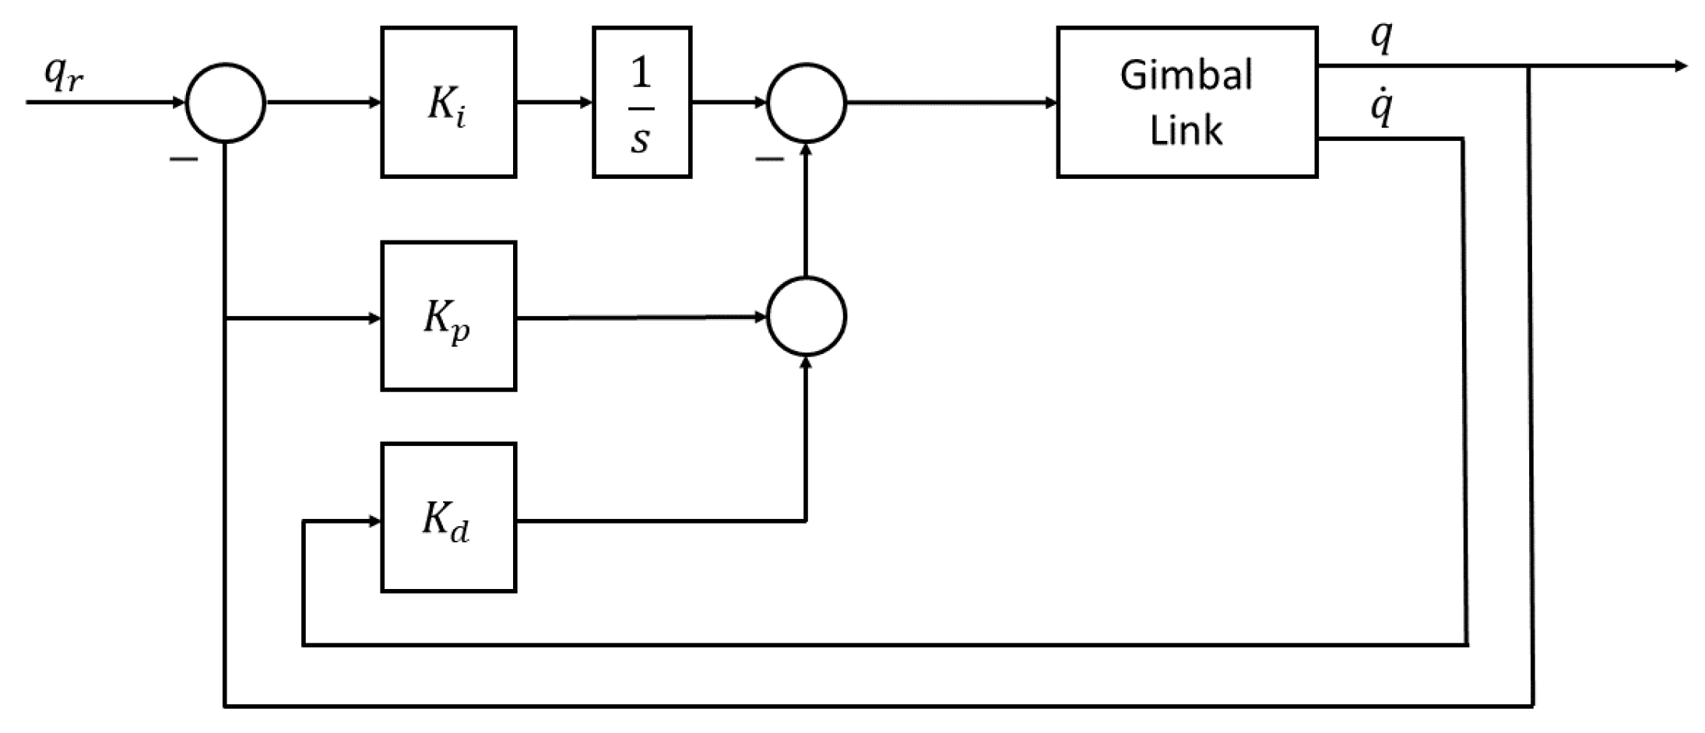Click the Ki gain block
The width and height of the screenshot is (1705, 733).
coord(448,103)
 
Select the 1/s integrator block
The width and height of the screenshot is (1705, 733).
coord(642,103)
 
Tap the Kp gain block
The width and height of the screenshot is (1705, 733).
coord(448,316)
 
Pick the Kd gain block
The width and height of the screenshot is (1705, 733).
coord(448,517)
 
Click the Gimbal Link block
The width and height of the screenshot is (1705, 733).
coord(1186,103)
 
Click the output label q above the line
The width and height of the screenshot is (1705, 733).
coord(1380,37)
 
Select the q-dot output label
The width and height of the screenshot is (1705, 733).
coord(1380,109)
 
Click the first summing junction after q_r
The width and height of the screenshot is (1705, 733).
coord(226,103)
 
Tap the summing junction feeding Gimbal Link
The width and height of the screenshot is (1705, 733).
coord(806,103)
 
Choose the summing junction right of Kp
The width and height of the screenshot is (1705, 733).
coord(806,317)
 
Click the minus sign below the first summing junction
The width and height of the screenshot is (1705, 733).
coord(184,160)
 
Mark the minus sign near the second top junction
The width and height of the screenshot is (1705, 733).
coord(769,160)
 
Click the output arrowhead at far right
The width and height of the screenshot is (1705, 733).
coord(1679,67)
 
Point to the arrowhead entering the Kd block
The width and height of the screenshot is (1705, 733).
coord(374,521)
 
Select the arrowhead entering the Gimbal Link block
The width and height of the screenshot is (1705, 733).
coord(1049,103)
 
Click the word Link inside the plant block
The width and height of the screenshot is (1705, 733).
coord(1186,130)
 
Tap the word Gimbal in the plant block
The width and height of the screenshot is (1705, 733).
coord(1186,76)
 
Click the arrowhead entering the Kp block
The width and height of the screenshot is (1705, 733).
coord(374,318)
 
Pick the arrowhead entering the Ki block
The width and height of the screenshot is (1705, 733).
coord(374,103)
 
